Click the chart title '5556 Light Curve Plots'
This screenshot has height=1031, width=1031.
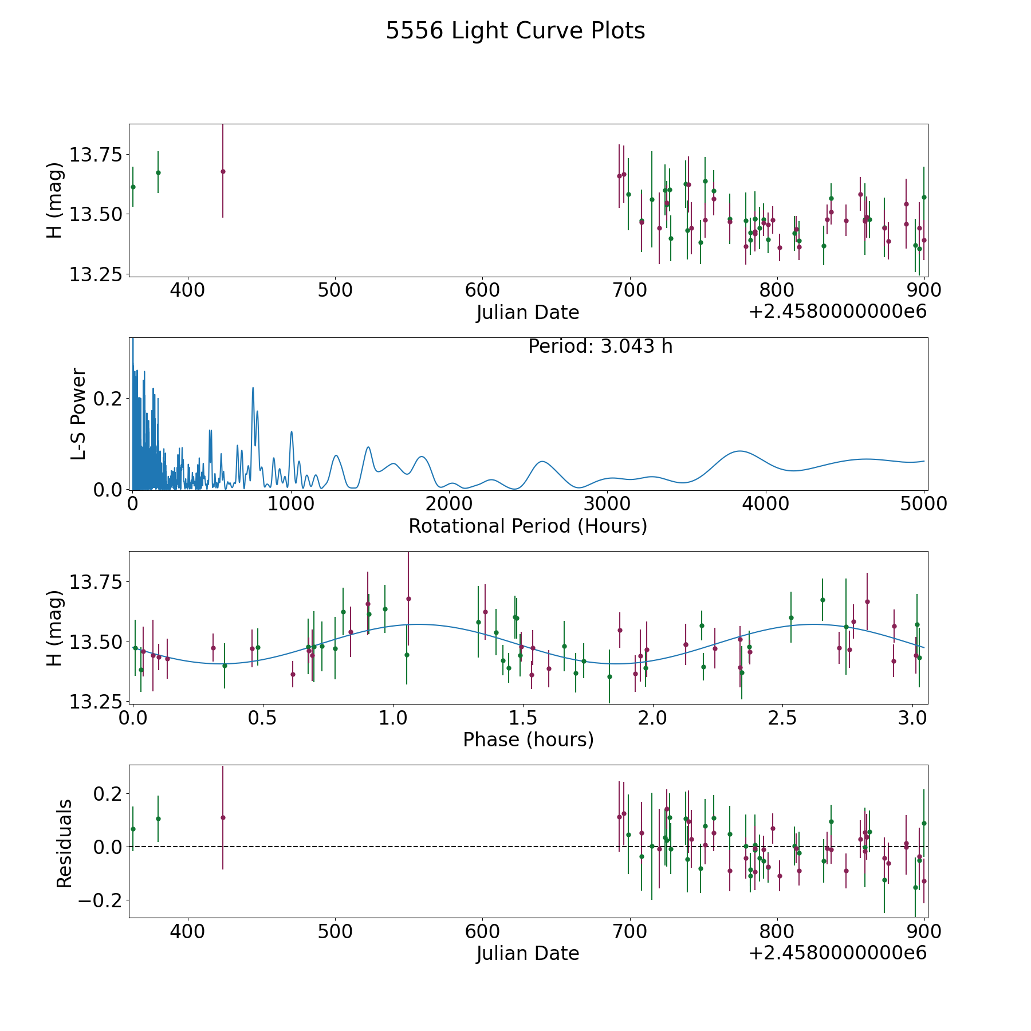515,31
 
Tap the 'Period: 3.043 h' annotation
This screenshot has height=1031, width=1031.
600,347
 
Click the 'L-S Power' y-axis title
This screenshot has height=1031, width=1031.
79,414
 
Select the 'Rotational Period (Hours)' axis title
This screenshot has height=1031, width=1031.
528,526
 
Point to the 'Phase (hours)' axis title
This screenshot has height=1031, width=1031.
528,739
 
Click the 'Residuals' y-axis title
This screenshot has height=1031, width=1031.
64,844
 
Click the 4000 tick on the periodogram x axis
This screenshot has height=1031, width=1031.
766,504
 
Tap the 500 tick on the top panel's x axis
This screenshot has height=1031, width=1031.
335,290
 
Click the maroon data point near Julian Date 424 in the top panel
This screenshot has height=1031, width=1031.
223,171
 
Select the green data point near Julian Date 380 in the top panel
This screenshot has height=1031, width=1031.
158,172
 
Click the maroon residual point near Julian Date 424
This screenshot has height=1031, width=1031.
223,817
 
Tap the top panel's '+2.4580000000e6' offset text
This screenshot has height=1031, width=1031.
837,312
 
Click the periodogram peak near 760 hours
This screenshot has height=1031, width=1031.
253,388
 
